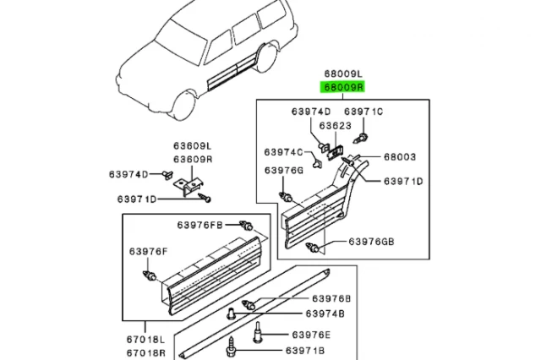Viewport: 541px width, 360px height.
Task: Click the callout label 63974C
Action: point(283,152)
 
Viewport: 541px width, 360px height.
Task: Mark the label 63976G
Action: point(283,170)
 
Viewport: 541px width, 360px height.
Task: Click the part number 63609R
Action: point(193,159)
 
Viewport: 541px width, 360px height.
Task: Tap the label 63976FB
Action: point(199,225)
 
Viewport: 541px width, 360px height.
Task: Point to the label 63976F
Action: point(149,251)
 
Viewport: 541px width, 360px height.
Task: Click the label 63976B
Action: point(307,298)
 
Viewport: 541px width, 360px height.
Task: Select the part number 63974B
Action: point(307,314)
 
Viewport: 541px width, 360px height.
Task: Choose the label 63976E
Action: point(307,335)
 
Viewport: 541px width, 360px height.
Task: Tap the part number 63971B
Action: point(307,350)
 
